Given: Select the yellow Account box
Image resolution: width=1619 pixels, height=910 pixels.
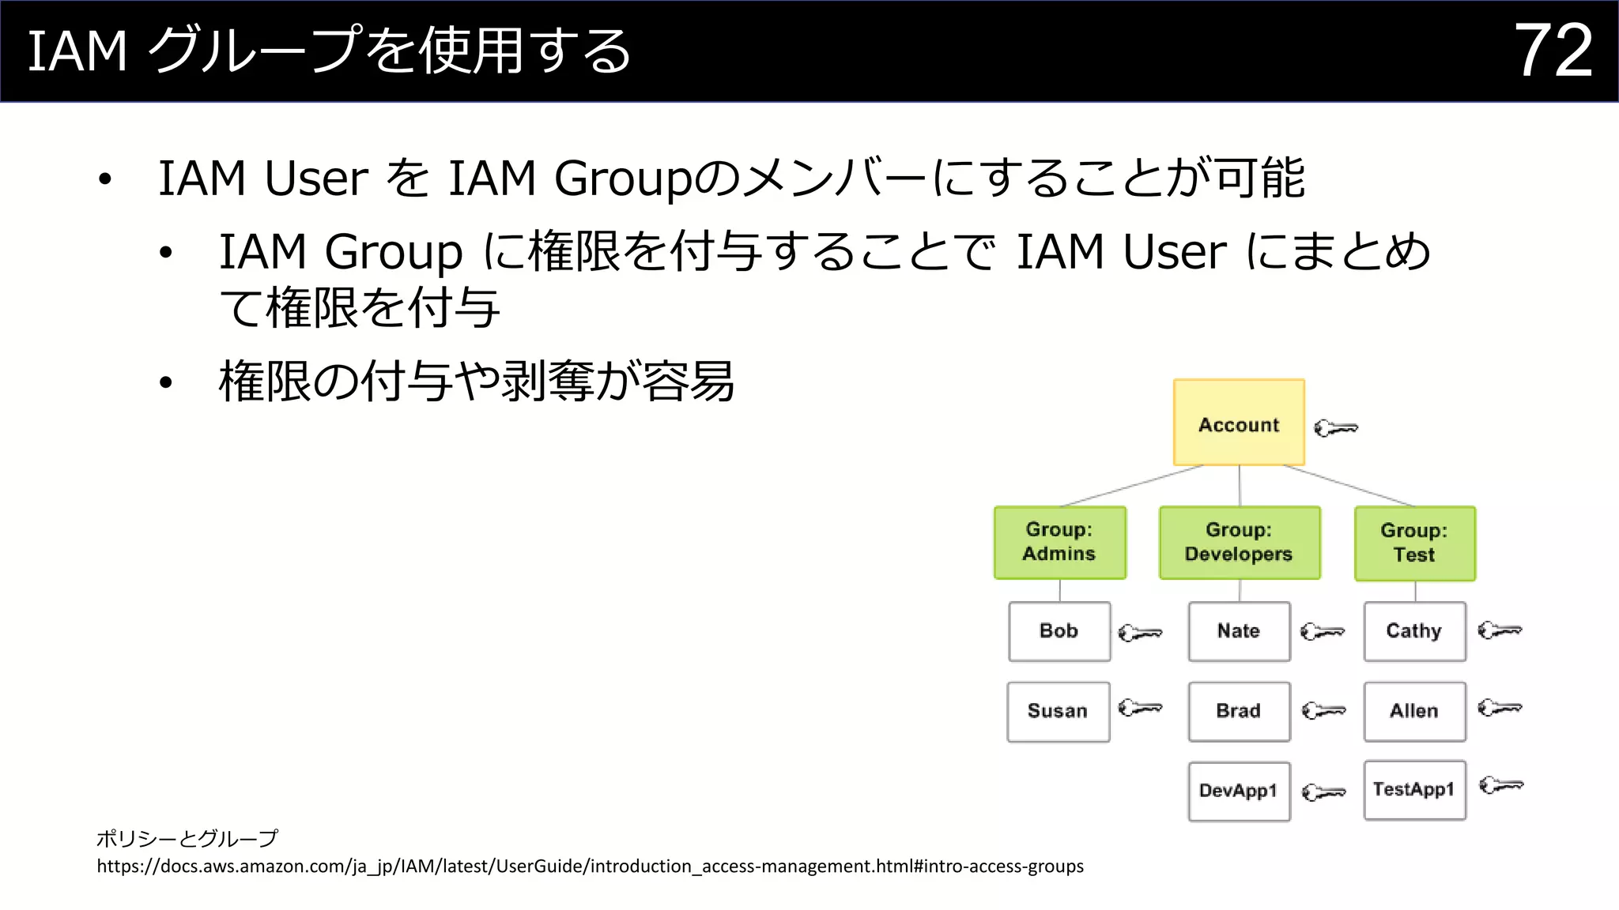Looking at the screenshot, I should click(x=1239, y=423).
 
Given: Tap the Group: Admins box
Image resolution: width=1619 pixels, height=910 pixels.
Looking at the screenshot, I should click(x=1059, y=543).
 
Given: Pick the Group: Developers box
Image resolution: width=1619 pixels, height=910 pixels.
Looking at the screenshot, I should click(x=1239, y=543).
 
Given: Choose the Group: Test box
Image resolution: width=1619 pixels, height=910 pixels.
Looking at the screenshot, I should click(x=1414, y=543).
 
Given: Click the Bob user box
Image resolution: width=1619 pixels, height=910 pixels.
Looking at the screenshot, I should click(x=1059, y=631).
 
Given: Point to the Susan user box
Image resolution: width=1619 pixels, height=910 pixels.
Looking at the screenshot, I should click(x=1058, y=711).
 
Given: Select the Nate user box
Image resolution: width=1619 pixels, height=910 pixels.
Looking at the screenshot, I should click(x=1239, y=631).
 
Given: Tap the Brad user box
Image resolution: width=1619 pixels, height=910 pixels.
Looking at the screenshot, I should click(x=1239, y=711).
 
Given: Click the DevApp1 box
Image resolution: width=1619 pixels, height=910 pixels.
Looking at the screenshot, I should click(x=1239, y=791).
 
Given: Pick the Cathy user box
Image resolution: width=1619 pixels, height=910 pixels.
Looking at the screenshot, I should click(x=1414, y=631).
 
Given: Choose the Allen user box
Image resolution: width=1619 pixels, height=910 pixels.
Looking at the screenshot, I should click(x=1414, y=711).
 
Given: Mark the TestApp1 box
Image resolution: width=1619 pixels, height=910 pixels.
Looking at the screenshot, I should click(x=1414, y=789).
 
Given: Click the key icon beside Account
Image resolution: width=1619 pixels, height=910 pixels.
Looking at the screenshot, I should click(x=1336, y=428).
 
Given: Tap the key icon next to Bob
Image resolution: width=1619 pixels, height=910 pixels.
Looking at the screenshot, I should click(x=1140, y=633).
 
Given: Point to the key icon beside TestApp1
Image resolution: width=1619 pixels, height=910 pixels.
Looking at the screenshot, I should click(x=1500, y=785).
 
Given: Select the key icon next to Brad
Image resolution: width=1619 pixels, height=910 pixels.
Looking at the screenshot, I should click(x=1323, y=711).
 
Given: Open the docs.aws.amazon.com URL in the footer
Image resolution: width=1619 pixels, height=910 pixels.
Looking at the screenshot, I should click(x=590, y=867).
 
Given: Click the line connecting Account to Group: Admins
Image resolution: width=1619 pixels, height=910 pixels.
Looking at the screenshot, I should click(x=1132, y=485).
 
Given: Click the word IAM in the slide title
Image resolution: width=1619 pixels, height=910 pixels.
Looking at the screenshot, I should click(x=77, y=52).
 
